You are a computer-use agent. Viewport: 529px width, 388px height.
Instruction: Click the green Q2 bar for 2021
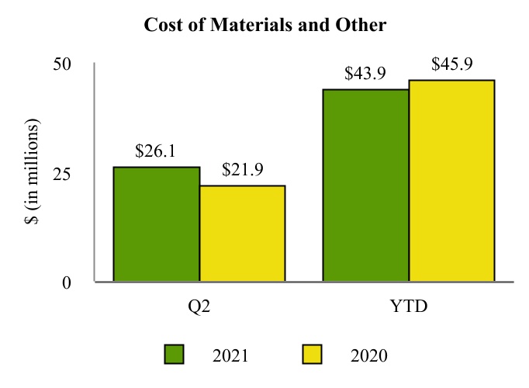point(157,224)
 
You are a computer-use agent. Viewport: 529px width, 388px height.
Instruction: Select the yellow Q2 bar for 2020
point(242,234)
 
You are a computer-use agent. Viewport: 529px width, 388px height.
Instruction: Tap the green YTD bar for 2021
point(366,185)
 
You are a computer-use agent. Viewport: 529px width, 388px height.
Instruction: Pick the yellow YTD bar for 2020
point(451,181)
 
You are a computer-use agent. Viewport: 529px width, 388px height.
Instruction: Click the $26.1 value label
point(155,151)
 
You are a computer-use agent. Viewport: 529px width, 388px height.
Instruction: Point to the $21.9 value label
point(242,170)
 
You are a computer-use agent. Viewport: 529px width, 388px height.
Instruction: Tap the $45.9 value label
point(452,64)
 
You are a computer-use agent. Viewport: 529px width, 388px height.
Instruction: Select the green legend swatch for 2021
point(175,355)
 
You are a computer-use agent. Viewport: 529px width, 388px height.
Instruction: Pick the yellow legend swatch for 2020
point(312,355)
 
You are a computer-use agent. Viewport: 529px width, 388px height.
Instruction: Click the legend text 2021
point(230,355)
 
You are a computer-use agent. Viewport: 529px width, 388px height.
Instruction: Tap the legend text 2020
point(368,355)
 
